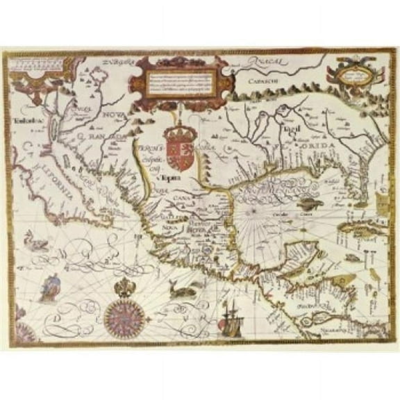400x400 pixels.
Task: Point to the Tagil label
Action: coord(290,129)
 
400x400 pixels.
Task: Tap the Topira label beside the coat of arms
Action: coord(167,178)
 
